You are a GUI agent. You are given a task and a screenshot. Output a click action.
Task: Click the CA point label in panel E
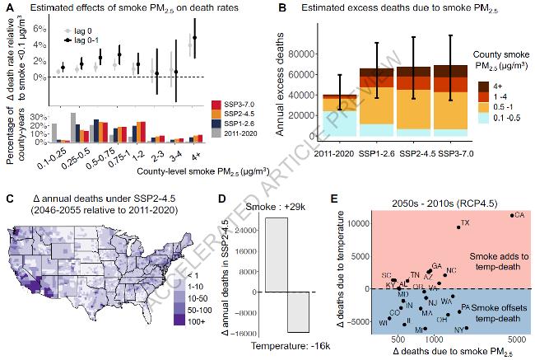[519, 215]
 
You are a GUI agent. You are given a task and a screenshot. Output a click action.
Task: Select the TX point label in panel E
[466, 223]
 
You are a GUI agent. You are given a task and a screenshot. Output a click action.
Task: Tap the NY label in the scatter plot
[458, 330]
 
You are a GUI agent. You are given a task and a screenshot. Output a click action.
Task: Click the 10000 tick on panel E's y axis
[364, 223]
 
